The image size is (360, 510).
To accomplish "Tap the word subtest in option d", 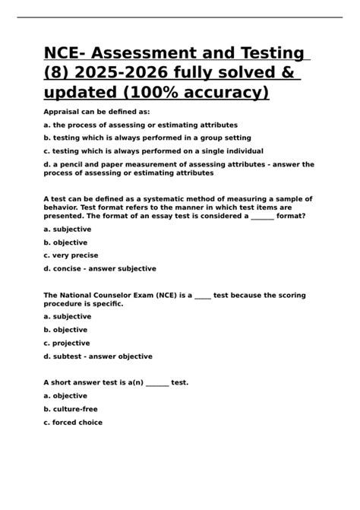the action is [71, 356].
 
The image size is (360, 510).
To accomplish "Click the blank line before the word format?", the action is [262, 216].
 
